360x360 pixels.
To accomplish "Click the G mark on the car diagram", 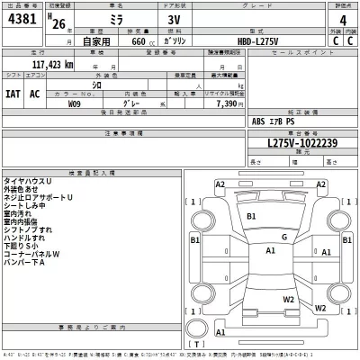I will pos(283,237).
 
